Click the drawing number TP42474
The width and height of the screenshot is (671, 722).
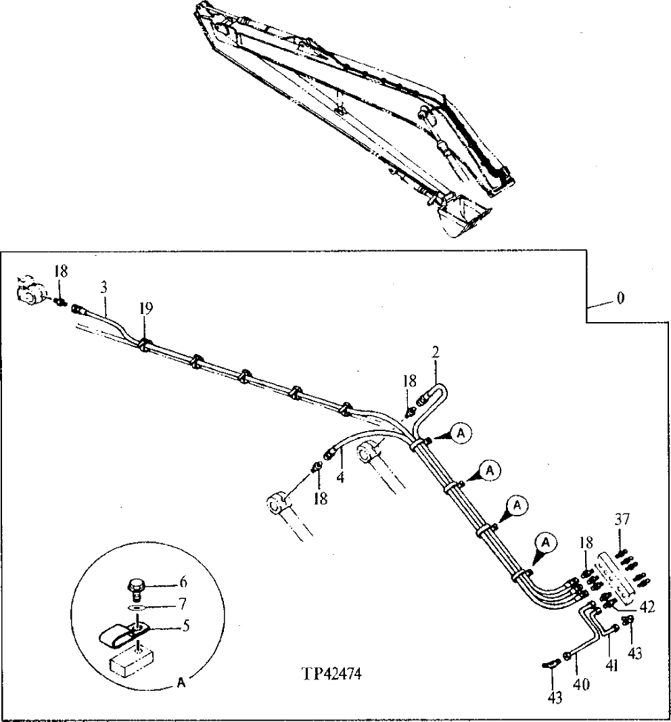tap(332, 675)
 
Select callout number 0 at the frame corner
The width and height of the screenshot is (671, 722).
tap(620, 298)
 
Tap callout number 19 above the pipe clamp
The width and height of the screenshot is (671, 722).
tap(147, 308)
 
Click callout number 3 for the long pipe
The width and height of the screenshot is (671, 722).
tap(104, 288)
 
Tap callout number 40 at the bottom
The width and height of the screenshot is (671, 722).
tap(581, 684)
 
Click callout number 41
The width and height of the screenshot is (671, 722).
tap(612, 667)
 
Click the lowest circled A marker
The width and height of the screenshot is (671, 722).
tap(546, 542)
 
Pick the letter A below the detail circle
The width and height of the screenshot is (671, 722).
tap(181, 683)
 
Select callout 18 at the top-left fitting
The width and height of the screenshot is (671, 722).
tap(61, 271)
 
